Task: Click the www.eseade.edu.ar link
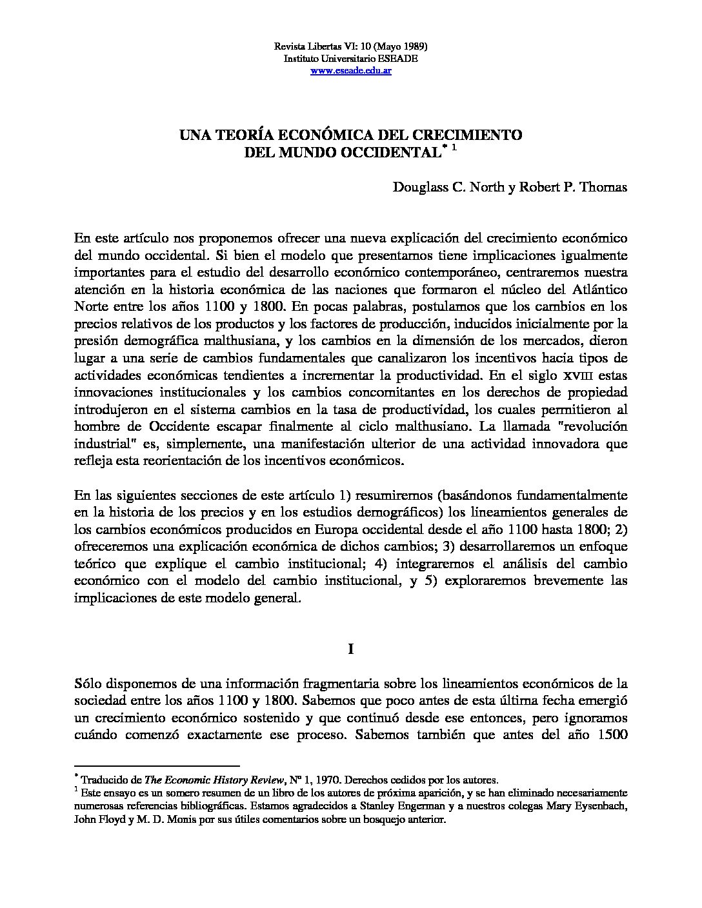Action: pyautogui.click(x=351, y=70)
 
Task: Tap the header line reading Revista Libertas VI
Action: pyautogui.click(x=351, y=47)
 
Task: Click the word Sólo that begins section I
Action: pyautogui.click(x=88, y=683)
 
